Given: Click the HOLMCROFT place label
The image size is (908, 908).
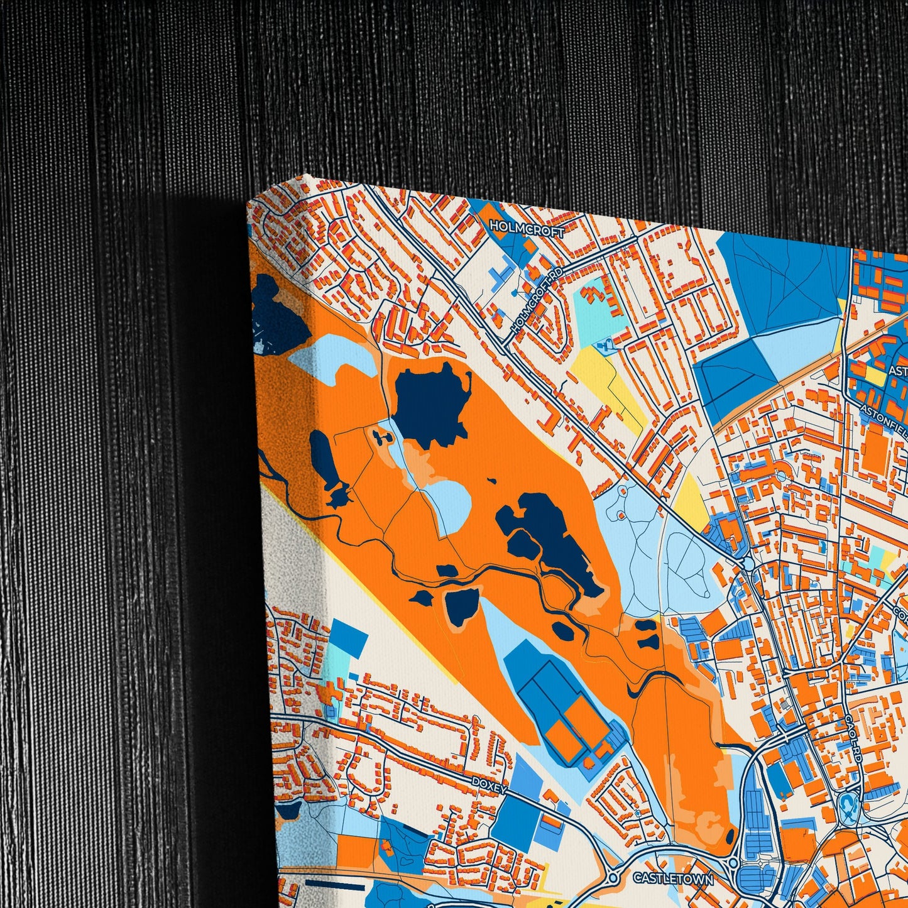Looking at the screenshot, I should (x=527, y=228).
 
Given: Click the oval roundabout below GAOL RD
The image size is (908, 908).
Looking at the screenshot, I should (x=848, y=804).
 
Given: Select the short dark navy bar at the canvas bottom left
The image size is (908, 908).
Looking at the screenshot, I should (x=330, y=882).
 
